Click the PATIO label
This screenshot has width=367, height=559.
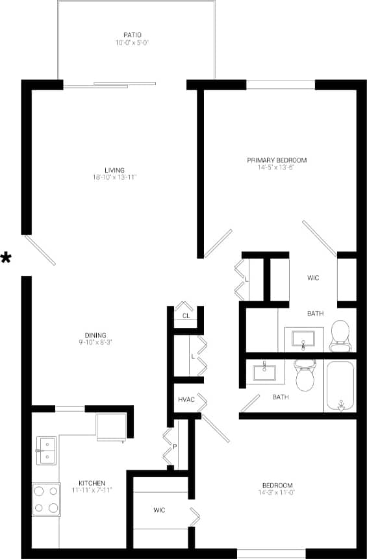pyautogui.click(x=133, y=34)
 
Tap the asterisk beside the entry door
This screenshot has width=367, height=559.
pyautogui.click(x=6, y=258)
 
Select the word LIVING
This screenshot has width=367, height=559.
pyautogui.click(x=114, y=170)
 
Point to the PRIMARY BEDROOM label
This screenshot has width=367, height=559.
pyautogui.click(x=277, y=160)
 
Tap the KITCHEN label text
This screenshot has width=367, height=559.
pyautogui.click(x=92, y=484)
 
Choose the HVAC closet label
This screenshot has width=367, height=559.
pyautogui.click(x=187, y=399)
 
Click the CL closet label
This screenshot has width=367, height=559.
pyautogui.click(x=186, y=316)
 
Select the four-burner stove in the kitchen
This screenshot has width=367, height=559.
pyautogui.click(x=46, y=499)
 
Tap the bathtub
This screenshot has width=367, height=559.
pyautogui.click(x=340, y=386)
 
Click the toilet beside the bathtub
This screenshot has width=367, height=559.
pyautogui.click(x=305, y=375)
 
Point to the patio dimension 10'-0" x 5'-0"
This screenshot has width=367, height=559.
pyautogui.click(x=133, y=43)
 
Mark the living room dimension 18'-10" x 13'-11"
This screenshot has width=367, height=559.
pyautogui.click(x=114, y=177)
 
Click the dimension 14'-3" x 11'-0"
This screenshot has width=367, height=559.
pyautogui.click(x=277, y=493)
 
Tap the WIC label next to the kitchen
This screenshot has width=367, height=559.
pyautogui.click(x=159, y=510)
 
